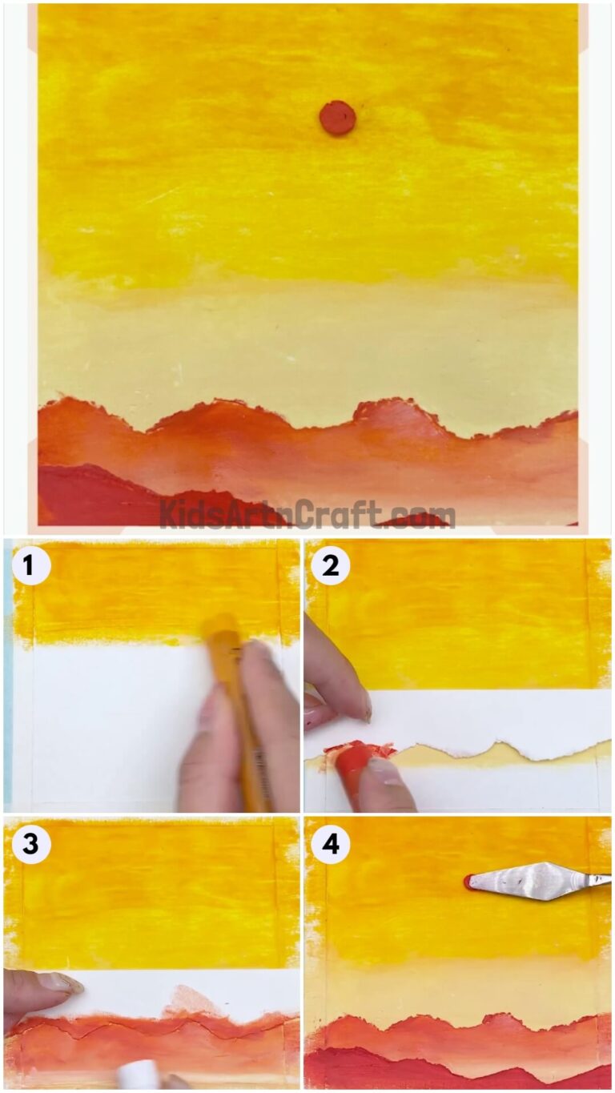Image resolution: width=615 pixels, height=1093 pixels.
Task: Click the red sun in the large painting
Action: pos(337,118)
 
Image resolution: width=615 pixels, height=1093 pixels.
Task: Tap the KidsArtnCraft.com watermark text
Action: pos(307,513)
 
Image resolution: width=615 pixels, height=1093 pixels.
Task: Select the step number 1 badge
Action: pos(30,566)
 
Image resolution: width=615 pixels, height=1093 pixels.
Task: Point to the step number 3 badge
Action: pos(30,845)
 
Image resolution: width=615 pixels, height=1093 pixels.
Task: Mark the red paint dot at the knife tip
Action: pos(468,882)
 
